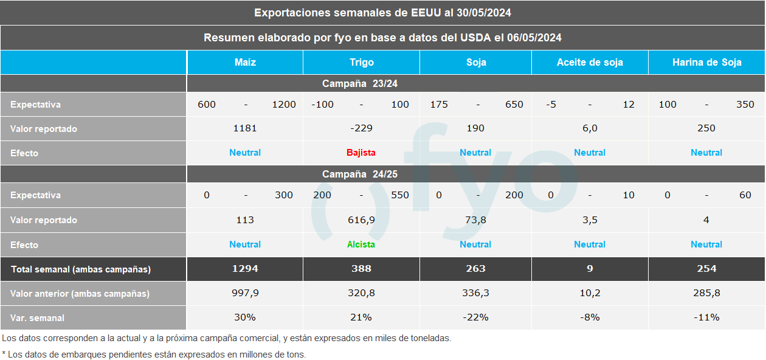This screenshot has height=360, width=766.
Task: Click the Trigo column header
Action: tap(361, 63)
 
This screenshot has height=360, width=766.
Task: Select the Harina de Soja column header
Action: tap(706, 63)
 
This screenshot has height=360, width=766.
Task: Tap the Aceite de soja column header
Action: tap(590, 63)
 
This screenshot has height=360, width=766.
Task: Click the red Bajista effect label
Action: tap(361, 153)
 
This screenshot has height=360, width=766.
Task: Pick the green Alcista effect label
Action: tap(361, 244)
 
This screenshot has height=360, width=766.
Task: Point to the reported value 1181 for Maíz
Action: tap(245, 128)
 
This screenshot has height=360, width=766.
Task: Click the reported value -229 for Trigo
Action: tap(361, 128)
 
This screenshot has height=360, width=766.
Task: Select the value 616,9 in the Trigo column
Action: tap(361, 220)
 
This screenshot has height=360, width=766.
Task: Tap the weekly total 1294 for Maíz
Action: tap(245, 269)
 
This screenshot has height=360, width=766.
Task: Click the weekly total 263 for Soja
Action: tap(475, 269)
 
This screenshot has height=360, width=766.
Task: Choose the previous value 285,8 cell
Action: tap(706, 293)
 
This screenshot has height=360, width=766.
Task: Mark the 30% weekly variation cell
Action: tap(245, 317)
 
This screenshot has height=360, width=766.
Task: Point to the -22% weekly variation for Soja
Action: tap(475, 317)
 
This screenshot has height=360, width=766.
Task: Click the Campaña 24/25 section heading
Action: tap(360, 175)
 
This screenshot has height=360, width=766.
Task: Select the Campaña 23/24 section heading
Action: tap(360, 84)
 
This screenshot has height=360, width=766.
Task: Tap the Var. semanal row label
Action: tap(37, 318)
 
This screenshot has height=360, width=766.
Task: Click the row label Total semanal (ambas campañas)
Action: tap(80, 269)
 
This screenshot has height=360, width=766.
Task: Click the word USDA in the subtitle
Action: tap(475, 38)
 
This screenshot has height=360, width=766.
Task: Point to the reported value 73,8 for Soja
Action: tap(475, 220)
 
